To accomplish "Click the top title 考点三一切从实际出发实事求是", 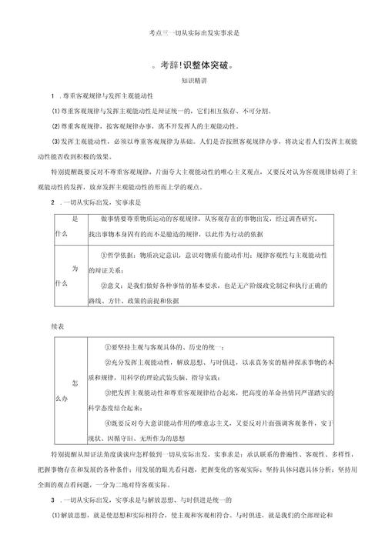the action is click(192, 34).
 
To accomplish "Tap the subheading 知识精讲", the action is click(193, 81).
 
